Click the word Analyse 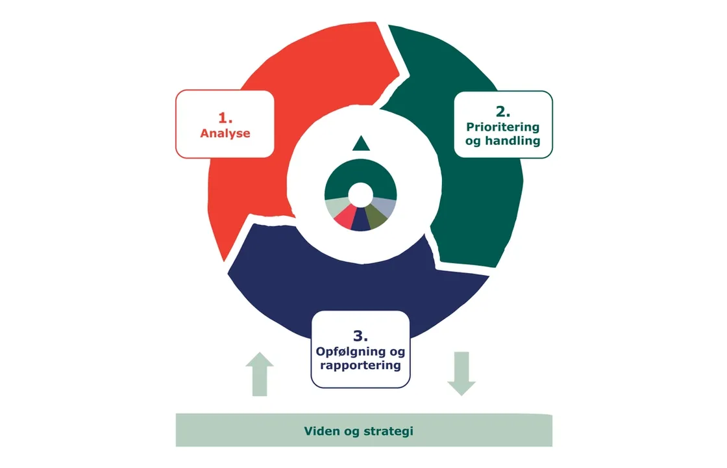tap(225, 133)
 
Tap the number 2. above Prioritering tap(503, 110)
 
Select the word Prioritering tap(503, 126)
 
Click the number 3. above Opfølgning tap(360, 336)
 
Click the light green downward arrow tap(462, 373)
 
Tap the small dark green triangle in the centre tap(360, 144)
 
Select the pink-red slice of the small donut tap(345, 216)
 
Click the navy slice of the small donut tap(361, 221)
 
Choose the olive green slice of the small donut tap(376, 215)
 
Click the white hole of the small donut tap(360, 194)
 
